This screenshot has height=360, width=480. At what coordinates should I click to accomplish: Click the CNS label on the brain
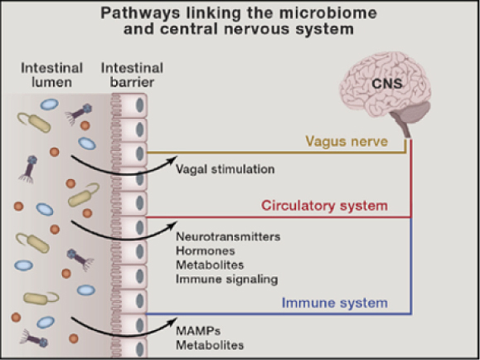[x=387, y=83]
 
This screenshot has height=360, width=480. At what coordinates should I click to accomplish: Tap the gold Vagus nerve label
[x=347, y=141]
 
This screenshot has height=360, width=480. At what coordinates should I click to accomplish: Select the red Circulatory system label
[x=324, y=205]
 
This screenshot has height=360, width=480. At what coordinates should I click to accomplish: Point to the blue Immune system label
[x=335, y=303]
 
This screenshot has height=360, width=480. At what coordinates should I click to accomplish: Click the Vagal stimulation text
[x=225, y=169]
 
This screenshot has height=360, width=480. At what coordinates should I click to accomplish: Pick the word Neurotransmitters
[x=228, y=236]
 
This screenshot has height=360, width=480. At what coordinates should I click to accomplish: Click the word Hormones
[x=206, y=251]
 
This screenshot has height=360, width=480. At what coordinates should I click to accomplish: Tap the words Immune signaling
[x=227, y=280]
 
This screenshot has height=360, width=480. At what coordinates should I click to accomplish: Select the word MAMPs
[x=198, y=331]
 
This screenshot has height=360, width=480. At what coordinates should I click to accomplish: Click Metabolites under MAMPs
[x=210, y=345]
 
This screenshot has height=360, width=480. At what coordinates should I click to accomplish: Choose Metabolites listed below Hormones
[x=210, y=265]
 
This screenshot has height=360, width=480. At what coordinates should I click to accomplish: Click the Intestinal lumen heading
[x=51, y=75]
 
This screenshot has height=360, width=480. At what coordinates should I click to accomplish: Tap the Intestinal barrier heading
[x=132, y=75]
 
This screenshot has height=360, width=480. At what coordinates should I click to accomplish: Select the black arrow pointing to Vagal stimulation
[x=124, y=173]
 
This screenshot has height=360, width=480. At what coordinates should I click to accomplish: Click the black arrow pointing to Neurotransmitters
[x=124, y=236]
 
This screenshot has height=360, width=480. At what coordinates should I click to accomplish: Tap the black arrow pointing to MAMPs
[x=124, y=333]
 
